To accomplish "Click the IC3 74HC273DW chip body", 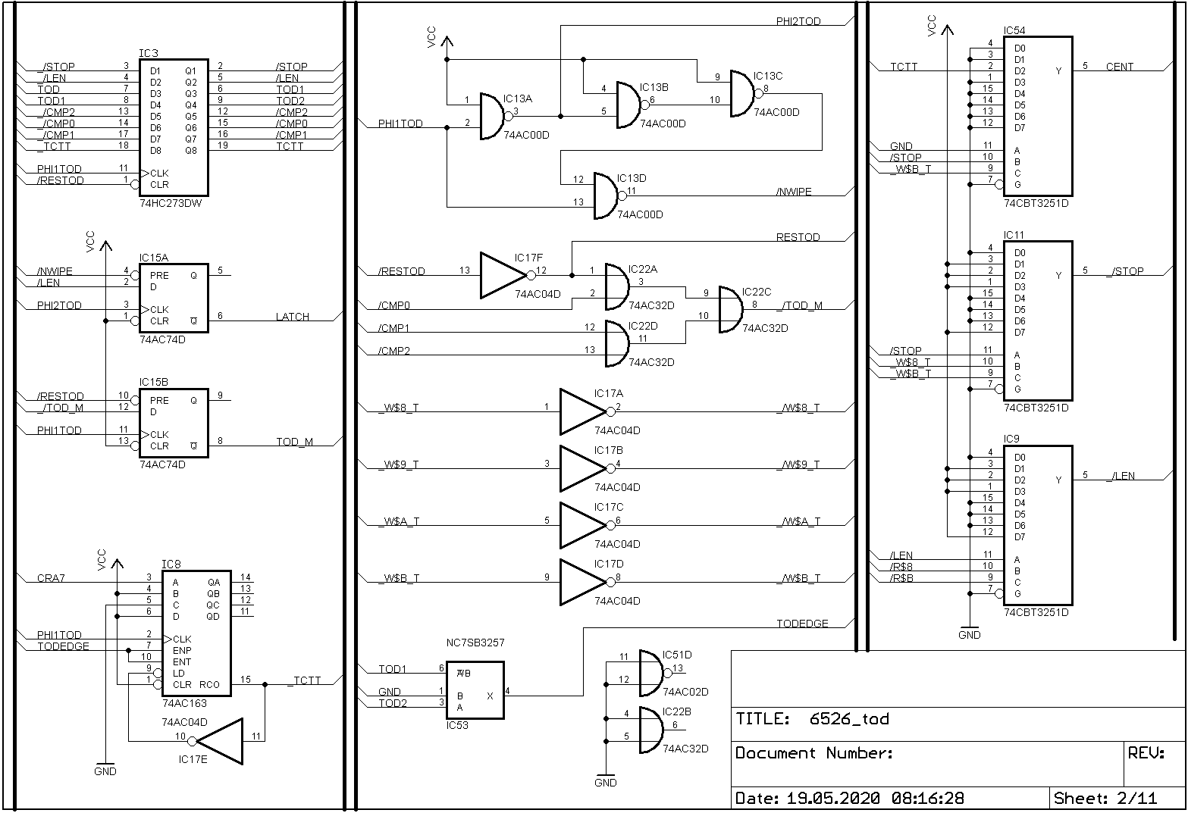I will (x=173, y=127).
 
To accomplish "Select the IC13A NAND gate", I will (x=492, y=117).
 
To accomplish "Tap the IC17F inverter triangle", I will (x=503, y=275).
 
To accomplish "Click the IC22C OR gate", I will (x=731, y=309).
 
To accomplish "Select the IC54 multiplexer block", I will (x=1037, y=116).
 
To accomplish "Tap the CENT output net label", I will (x=1119, y=67).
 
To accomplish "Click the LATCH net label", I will (x=293, y=317).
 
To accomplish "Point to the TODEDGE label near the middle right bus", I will (x=802, y=624).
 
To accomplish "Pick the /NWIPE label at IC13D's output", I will (x=794, y=192).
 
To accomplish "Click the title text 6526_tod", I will (x=849, y=718).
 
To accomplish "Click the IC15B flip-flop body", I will (x=173, y=423).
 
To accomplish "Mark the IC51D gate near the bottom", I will (x=651, y=673).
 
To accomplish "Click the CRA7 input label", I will (x=51, y=579).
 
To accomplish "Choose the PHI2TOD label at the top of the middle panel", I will (x=798, y=21).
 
